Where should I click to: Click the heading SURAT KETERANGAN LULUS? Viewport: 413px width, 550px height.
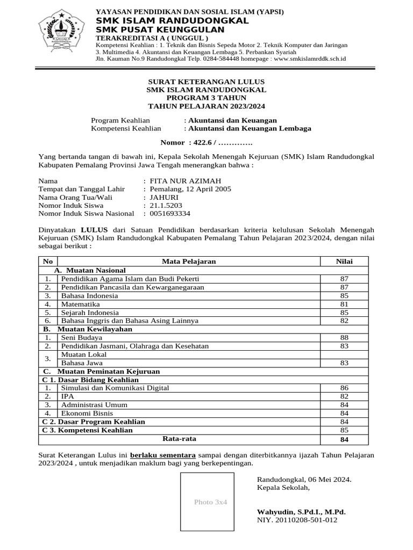click(x=206, y=81)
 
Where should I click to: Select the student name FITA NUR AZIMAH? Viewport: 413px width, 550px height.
click(x=185, y=181)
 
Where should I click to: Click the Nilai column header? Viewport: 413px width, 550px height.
click(x=344, y=261)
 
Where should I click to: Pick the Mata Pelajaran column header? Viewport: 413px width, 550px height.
click(x=189, y=261)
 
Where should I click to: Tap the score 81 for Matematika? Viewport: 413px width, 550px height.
click(x=344, y=304)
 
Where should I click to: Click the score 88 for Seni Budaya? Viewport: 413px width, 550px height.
click(x=344, y=337)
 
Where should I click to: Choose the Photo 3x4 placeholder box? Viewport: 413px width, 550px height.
click(x=207, y=502)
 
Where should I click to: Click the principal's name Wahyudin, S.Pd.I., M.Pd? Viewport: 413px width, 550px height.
click(x=301, y=512)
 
